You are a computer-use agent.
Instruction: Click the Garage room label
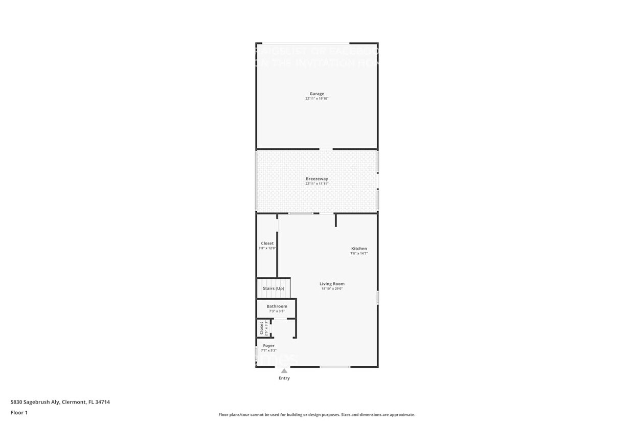point(316,94)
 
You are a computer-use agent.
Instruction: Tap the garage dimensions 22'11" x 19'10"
point(316,99)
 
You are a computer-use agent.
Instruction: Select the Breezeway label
point(316,179)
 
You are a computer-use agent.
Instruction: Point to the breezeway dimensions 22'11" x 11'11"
point(316,184)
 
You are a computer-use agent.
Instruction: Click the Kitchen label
point(359,249)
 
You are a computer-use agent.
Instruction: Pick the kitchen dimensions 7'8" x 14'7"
point(359,254)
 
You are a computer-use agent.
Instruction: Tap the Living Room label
point(332,284)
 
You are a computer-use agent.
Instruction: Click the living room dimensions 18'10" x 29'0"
point(332,289)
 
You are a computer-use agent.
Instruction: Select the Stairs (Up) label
point(274,288)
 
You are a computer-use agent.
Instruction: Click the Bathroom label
point(277,306)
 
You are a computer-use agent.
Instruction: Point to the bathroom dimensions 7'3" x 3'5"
point(277,311)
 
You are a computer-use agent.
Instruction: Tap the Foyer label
point(268,346)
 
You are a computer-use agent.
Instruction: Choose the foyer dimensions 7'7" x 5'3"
point(268,351)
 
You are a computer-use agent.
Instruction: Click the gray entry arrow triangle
point(284,371)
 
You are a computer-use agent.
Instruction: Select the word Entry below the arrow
point(284,379)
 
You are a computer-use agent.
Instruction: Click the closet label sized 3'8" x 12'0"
point(267,243)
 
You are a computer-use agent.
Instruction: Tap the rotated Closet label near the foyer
point(261,328)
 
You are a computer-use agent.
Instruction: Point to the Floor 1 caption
point(19,412)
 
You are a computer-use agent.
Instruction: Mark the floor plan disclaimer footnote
point(316,415)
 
